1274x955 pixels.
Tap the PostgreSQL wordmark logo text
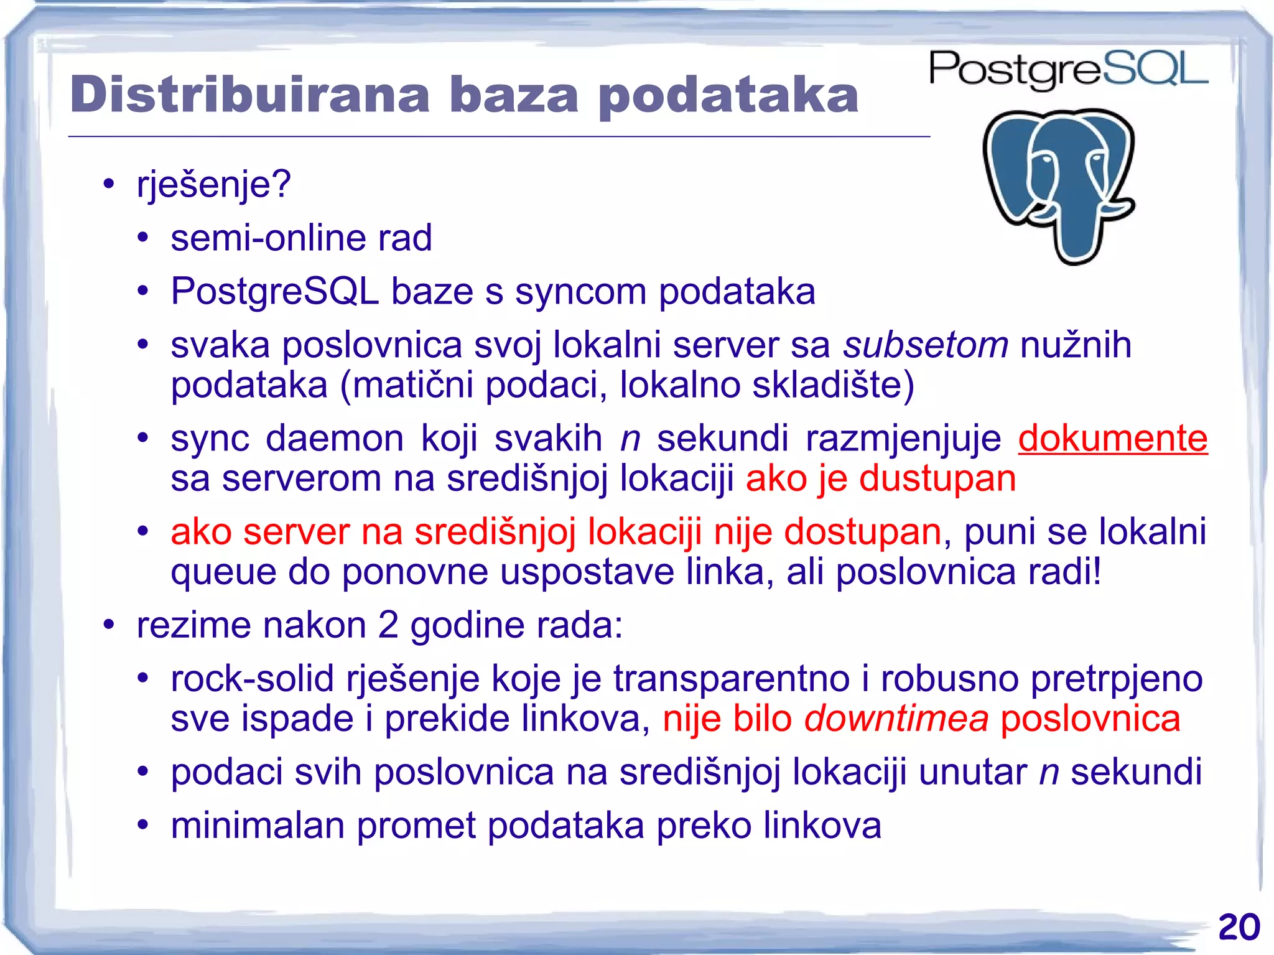pos(1068,70)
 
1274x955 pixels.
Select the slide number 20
pos(1239,927)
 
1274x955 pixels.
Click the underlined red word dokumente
pos(1112,438)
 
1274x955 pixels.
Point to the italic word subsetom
pos(925,345)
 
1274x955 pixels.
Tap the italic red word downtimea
pos(896,719)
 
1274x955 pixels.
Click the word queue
pos(223,572)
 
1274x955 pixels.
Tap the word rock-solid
pos(252,678)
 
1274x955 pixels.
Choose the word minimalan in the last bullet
pos(258,826)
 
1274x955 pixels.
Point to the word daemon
pos(335,438)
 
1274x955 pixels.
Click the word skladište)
pos(833,385)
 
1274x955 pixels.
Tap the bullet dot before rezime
pos(109,624)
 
